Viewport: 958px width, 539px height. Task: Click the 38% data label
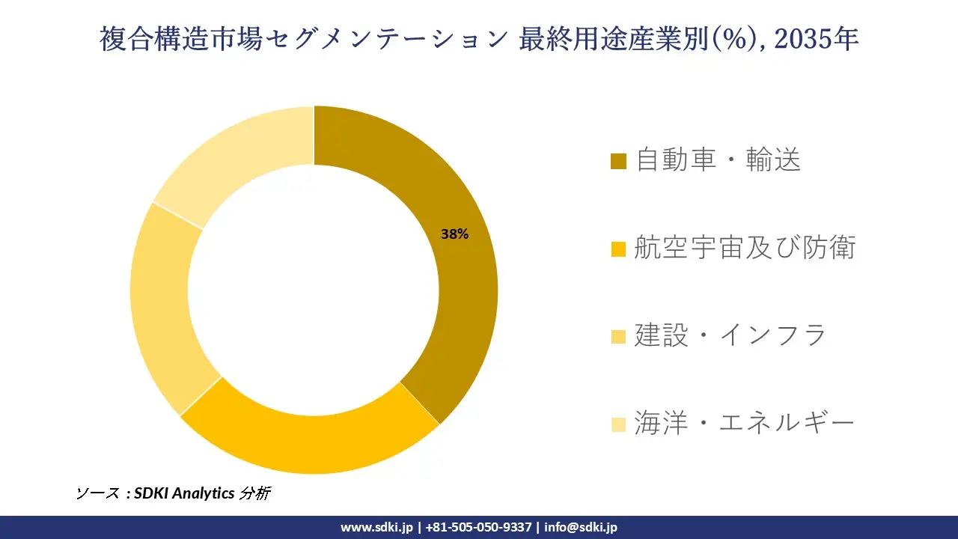click(x=454, y=234)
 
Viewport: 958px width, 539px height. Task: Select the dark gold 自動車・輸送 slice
click(x=457, y=299)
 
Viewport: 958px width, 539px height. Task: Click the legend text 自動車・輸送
click(x=718, y=160)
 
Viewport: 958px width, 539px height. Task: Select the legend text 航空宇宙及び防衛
click(x=745, y=248)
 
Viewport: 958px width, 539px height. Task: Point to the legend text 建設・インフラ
click(x=730, y=335)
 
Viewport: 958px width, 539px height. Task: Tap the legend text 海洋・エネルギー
click(x=744, y=424)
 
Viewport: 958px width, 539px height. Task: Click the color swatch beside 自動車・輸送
click(x=618, y=162)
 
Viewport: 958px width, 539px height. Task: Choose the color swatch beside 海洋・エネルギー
click(x=618, y=424)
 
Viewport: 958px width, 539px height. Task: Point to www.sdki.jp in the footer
click(x=376, y=527)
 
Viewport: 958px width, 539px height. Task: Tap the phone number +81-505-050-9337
click(x=478, y=527)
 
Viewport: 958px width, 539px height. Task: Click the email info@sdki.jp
click(x=581, y=527)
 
